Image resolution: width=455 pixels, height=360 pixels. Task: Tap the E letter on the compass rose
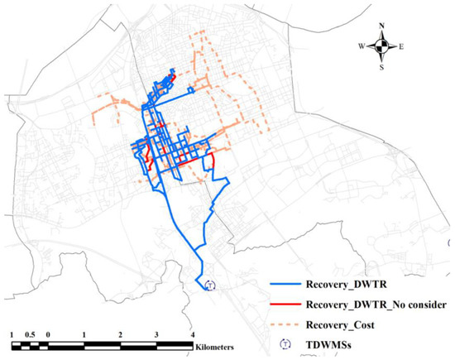click(x=401, y=46)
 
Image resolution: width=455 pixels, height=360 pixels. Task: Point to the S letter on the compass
click(x=381, y=67)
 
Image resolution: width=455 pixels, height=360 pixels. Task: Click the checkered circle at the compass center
click(x=381, y=46)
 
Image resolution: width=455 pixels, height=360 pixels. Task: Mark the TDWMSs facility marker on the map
click(x=210, y=286)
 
